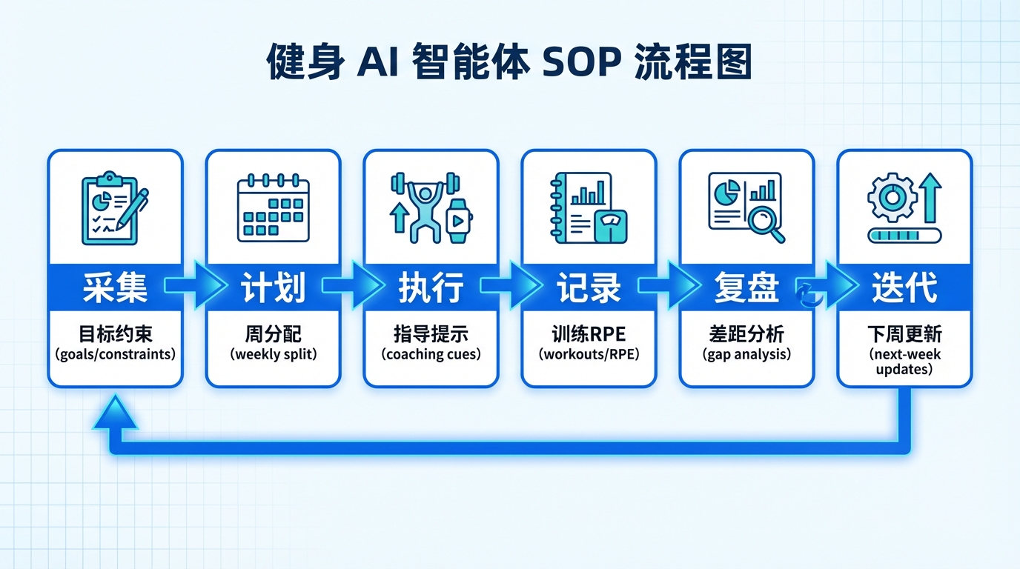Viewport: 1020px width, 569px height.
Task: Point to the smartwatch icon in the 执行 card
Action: coord(459,220)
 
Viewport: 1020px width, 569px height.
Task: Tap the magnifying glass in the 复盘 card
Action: coord(765,222)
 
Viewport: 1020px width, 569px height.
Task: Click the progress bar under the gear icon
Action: coord(904,236)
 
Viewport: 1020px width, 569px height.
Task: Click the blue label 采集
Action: coord(115,287)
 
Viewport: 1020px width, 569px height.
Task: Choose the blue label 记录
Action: coord(589,287)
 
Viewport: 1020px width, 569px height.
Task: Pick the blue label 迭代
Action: coord(904,287)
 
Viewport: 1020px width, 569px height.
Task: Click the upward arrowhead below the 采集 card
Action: coord(115,413)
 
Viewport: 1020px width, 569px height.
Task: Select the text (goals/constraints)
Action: coord(115,354)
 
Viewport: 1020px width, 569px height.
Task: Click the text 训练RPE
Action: coord(589,334)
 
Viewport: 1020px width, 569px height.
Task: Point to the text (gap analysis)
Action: coord(746,354)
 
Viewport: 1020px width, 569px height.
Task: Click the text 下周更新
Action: coord(904,334)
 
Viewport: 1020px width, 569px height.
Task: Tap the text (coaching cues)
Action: coord(431,354)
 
